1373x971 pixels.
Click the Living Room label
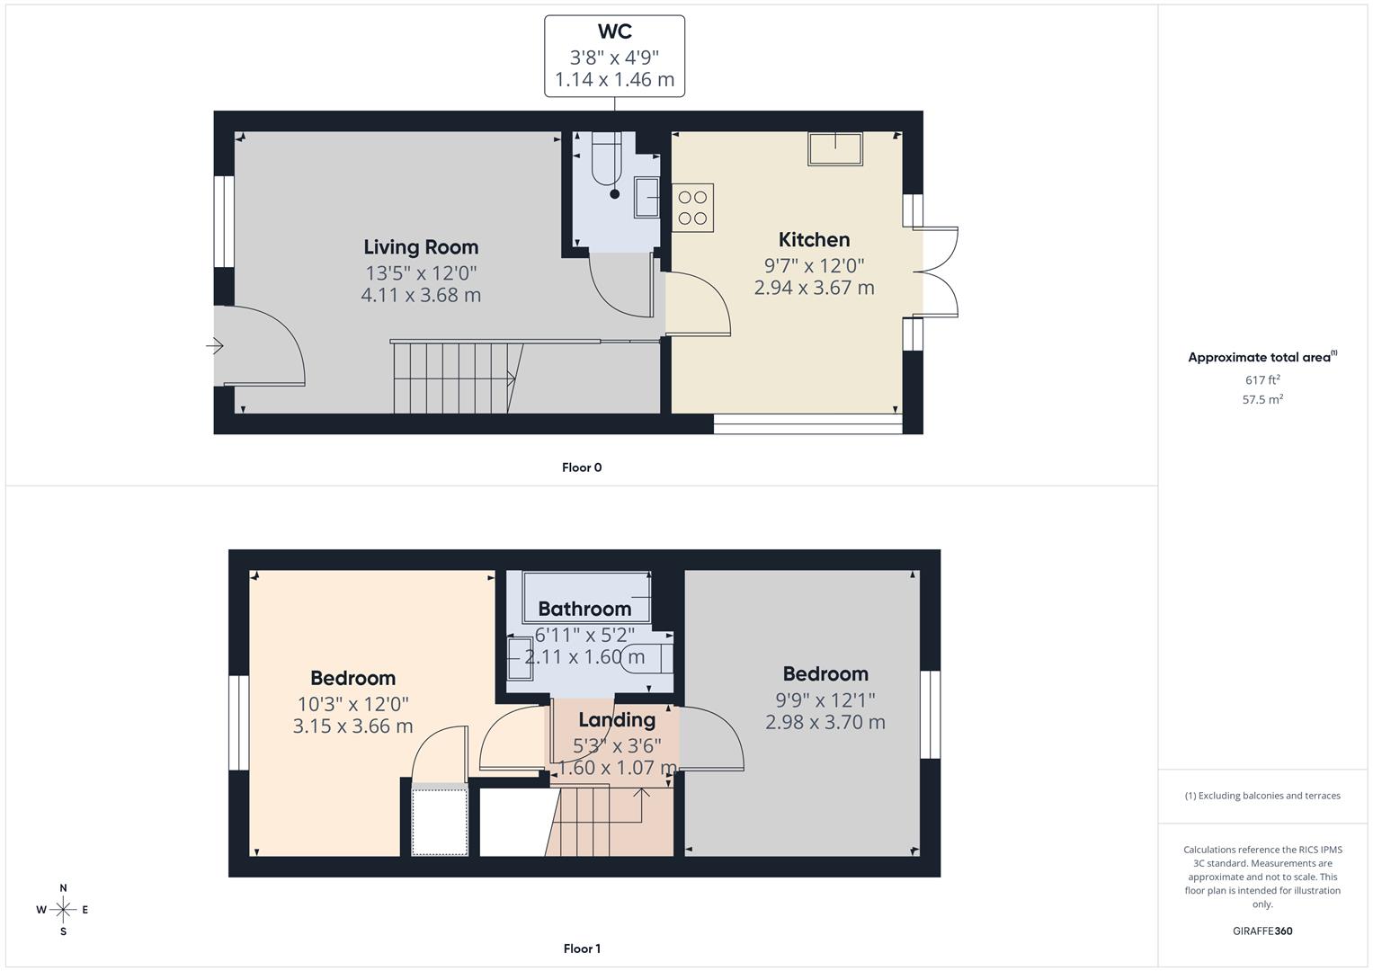click(421, 247)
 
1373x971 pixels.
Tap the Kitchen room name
click(814, 240)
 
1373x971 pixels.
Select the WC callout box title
click(614, 32)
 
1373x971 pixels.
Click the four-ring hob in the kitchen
click(692, 208)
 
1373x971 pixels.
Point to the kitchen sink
click(835, 148)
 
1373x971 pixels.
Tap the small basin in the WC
click(646, 197)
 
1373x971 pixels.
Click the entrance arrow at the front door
click(215, 345)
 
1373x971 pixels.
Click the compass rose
click(63, 910)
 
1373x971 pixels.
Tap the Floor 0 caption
click(582, 468)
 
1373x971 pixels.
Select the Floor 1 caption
click(582, 949)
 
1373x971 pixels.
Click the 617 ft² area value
click(1262, 380)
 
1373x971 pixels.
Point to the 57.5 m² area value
click(1262, 399)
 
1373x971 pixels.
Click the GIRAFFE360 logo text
click(1262, 931)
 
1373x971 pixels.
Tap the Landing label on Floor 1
click(617, 720)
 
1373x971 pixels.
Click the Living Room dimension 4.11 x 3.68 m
click(421, 295)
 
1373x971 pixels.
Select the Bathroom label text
click(584, 610)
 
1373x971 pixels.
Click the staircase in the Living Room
click(454, 378)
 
